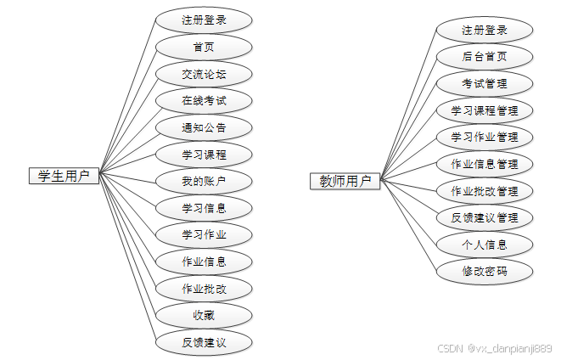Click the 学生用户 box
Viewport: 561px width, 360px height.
pos(65,176)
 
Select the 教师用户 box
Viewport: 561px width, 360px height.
pos(345,180)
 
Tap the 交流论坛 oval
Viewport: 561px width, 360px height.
pos(204,74)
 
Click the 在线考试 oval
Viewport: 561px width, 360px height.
pos(204,101)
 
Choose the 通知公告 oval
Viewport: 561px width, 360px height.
pos(204,128)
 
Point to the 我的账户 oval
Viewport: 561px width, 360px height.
pos(204,181)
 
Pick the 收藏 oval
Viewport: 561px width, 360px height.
pos(204,315)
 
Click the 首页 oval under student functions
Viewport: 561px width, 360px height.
pos(204,47)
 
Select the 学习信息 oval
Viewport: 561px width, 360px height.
pos(204,208)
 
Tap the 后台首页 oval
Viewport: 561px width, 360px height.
pos(485,57)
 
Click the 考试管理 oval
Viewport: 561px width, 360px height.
pos(485,83)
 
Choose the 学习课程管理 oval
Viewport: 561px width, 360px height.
pos(485,110)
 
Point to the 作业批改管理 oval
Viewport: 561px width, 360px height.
pos(485,191)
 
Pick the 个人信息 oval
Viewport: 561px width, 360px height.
pos(485,245)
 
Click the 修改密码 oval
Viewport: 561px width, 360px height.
pos(485,272)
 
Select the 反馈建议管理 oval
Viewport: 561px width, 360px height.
pos(485,218)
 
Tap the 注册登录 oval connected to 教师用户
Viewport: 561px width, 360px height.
pos(485,31)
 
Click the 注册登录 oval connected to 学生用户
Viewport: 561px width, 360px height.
pos(204,20)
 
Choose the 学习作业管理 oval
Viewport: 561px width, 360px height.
pos(485,137)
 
